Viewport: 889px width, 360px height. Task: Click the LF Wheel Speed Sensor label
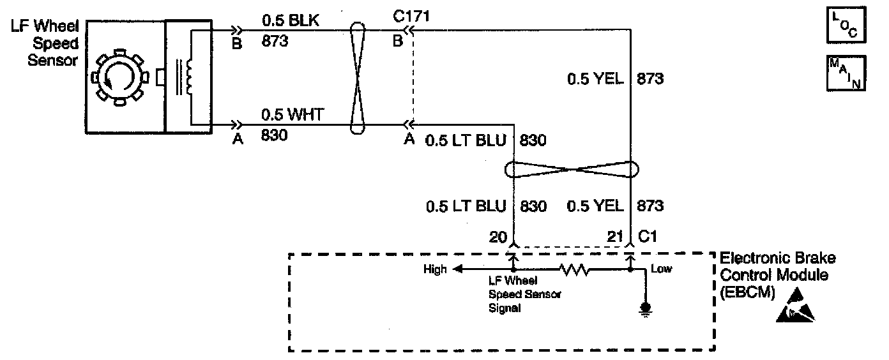pos(45,44)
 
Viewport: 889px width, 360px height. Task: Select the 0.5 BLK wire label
pos(291,21)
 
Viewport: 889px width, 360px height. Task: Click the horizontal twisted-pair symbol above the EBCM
pos(572,170)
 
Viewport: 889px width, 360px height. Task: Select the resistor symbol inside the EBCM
pos(575,271)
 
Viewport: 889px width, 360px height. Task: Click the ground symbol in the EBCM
pos(646,310)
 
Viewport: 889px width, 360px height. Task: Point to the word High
pos(435,270)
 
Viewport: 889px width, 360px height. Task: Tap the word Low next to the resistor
pos(662,269)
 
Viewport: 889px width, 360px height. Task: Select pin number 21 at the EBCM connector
pos(614,237)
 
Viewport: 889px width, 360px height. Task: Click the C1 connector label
pos(648,237)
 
